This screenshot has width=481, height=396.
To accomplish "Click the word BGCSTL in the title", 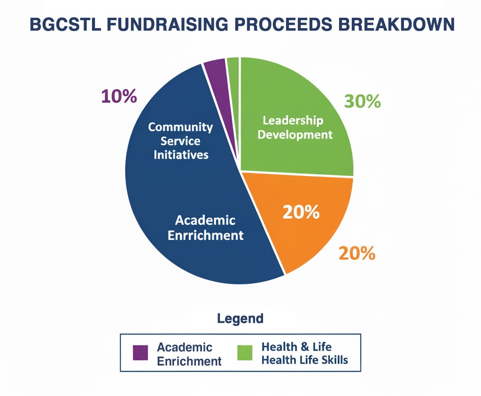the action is coord(65,24).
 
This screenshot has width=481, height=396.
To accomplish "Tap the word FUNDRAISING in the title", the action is coord(167,24).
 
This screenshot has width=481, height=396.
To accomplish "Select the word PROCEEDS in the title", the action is coord(283,24).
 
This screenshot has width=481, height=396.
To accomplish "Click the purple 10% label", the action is coord(119,96).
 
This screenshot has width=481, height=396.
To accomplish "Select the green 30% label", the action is coord(362,101).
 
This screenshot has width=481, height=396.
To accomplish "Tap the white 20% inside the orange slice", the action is coord(301,212).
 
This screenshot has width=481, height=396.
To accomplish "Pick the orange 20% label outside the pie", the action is coord(357,253).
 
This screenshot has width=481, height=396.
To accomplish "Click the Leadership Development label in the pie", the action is coord(295,128).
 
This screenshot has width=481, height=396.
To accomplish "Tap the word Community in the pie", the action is coord(180,127).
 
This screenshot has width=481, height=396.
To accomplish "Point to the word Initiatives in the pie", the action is coord(181,155).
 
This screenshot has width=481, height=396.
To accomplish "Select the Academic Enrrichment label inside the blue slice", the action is coord(206,228).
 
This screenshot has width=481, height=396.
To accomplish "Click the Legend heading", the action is coord(240,319).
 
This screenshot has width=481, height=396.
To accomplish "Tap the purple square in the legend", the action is coord(140,352).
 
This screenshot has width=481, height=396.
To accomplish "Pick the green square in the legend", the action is coord(245,352).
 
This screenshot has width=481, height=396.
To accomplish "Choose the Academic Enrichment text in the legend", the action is coord(189,354).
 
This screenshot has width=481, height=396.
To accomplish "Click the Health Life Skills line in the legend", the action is coord(304,360).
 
